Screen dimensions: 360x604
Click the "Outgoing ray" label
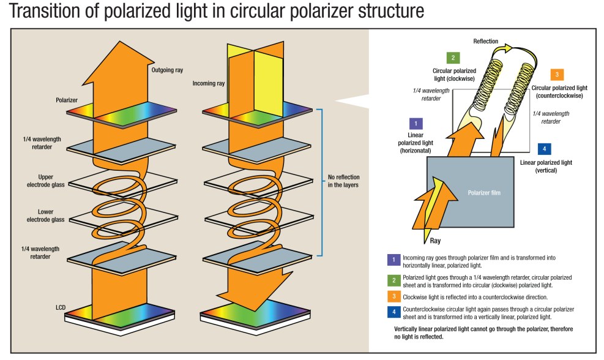[166, 70]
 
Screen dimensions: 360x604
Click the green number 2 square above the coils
[452, 58]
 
